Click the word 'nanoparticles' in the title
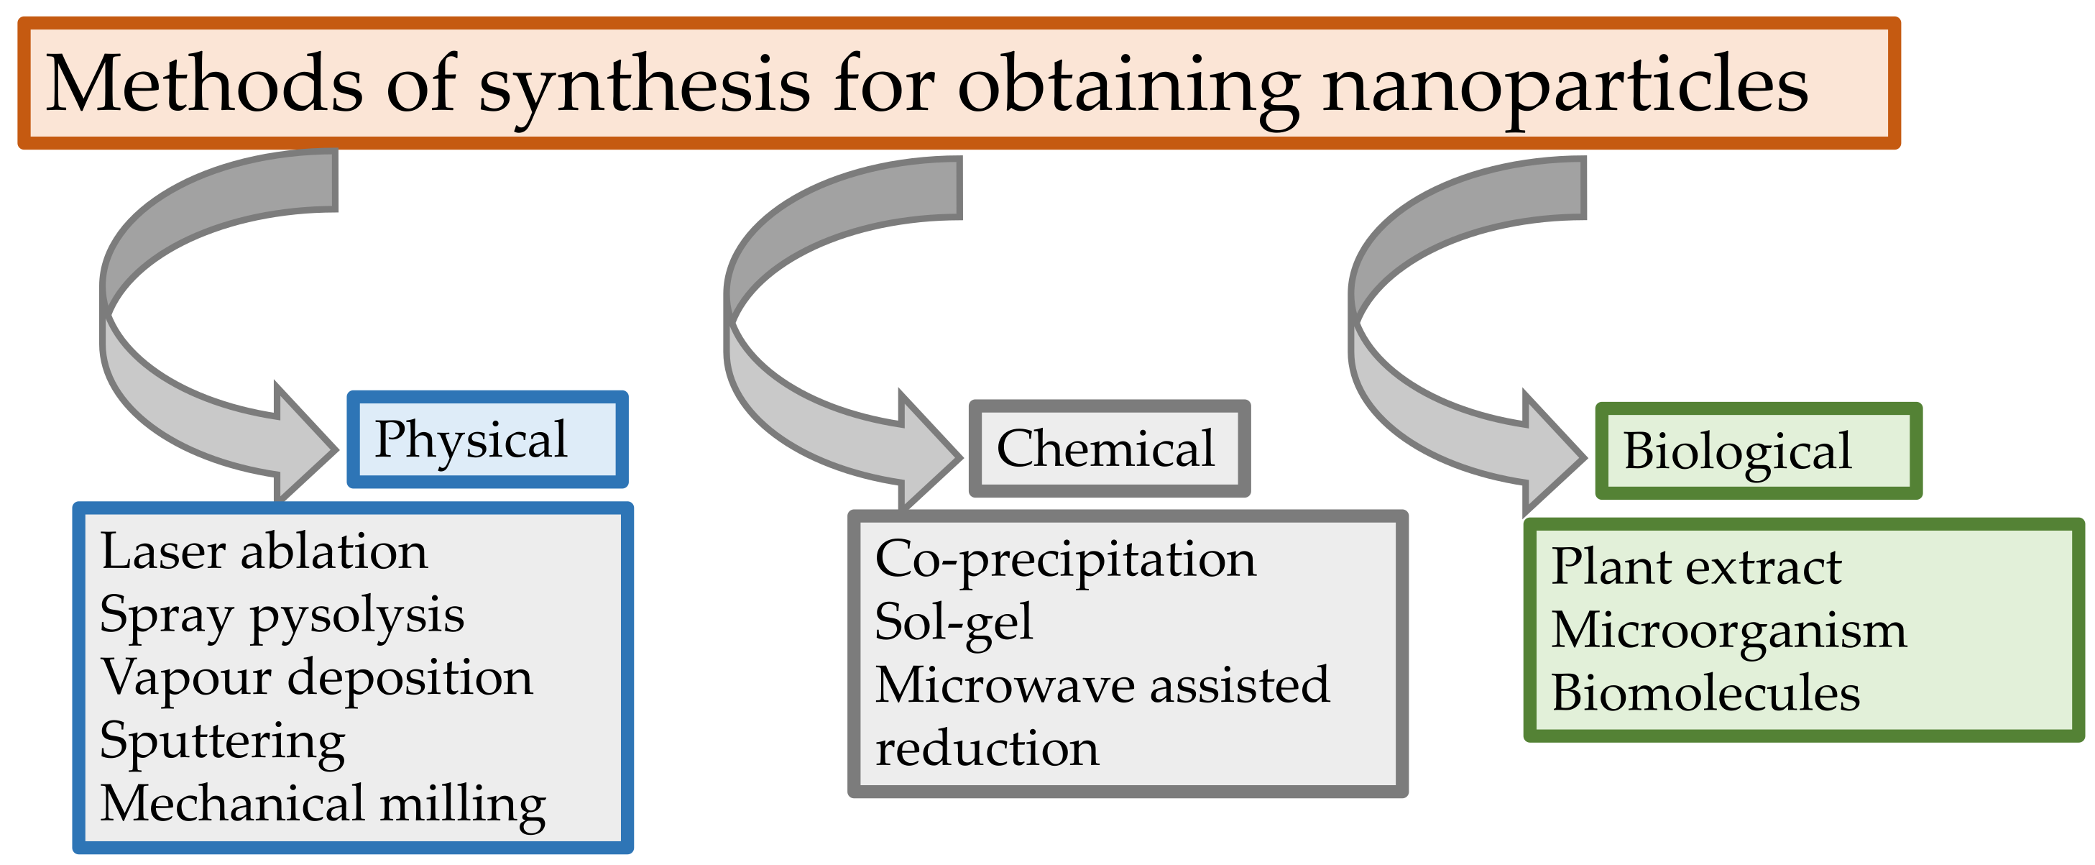(x=1565, y=85)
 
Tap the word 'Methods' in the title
(x=203, y=85)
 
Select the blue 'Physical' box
(x=487, y=439)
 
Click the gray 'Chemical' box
(x=1108, y=449)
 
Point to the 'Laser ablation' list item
(x=264, y=552)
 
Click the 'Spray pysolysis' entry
(x=282, y=615)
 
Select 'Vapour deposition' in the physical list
(x=316, y=678)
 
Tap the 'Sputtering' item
(x=222, y=741)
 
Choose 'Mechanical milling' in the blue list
(x=323, y=804)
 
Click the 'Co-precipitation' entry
(x=1064, y=560)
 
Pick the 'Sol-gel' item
(x=953, y=623)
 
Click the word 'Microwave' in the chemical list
(x=1005, y=685)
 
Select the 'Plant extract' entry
(x=1695, y=567)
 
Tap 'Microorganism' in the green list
(x=1728, y=631)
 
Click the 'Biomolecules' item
(x=1705, y=693)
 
